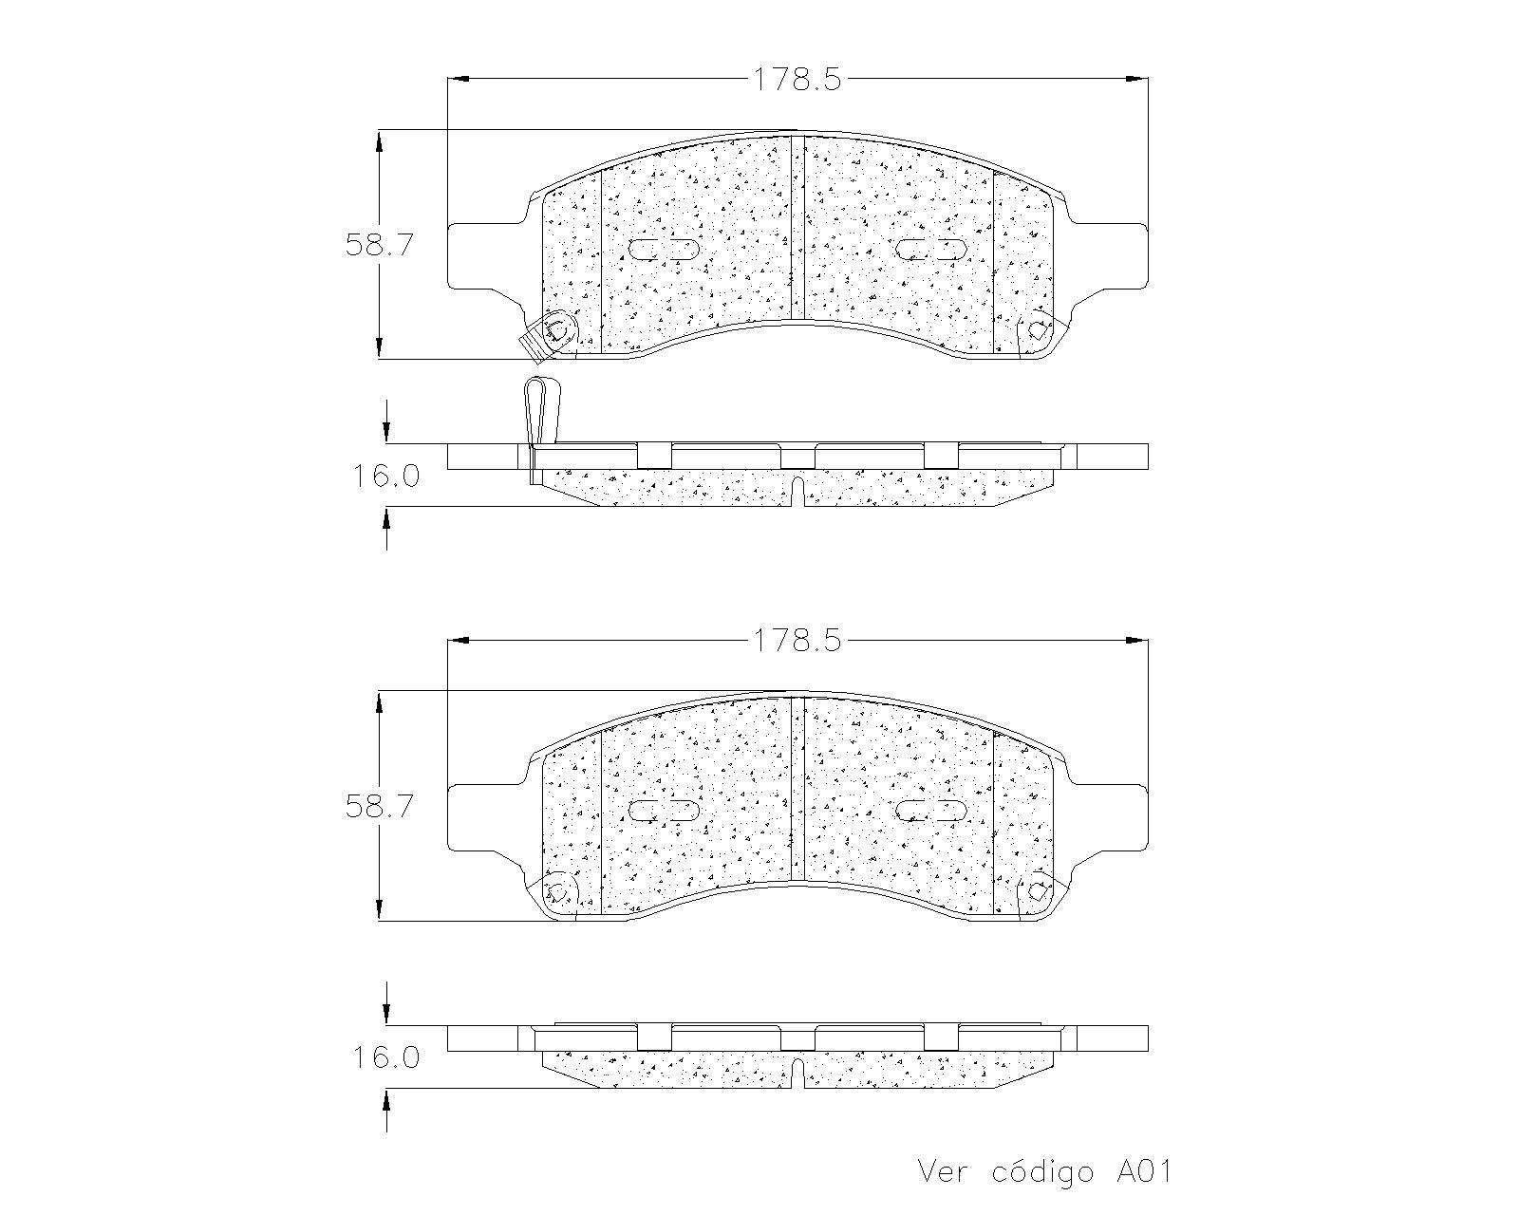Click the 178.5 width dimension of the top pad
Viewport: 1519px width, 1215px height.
pos(797,80)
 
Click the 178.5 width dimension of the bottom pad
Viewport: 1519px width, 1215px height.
pos(797,641)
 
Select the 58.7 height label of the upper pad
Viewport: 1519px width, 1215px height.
pos(379,245)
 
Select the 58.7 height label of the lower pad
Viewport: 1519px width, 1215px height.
pos(379,807)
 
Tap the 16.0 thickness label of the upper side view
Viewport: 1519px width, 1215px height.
pos(386,476)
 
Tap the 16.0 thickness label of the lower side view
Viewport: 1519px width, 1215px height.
pos(386,1056)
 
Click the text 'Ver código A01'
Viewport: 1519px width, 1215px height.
pos(1044,1171)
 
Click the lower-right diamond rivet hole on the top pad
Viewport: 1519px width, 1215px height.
pos(1038,329)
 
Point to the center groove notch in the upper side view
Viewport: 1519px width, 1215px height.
pos(797,492)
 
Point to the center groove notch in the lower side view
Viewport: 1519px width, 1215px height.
pos(797,1073)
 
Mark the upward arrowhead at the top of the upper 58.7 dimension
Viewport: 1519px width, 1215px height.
pos(380,140)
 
